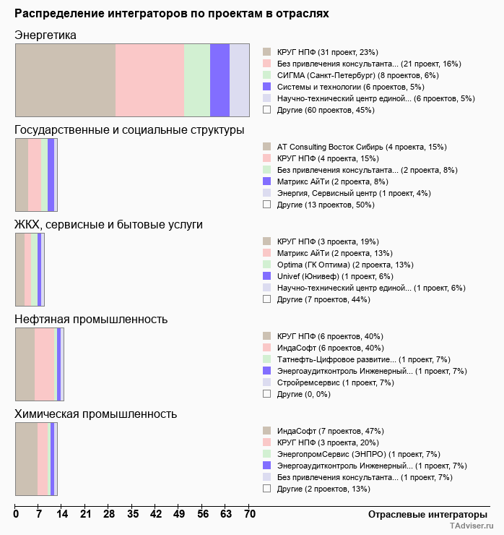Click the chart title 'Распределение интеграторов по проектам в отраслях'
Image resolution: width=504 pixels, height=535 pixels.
(172, 14)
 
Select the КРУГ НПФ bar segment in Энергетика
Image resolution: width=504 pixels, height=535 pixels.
(65, 80)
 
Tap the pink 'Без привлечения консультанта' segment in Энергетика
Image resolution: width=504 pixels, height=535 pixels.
(149, 80)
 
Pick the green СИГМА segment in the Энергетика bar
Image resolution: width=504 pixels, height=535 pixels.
(197, 80)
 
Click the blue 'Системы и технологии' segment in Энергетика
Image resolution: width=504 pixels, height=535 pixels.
(220, 80)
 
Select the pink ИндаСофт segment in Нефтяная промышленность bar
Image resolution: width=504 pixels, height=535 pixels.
(44, 364)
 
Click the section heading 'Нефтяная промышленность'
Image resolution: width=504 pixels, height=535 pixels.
(91, 320)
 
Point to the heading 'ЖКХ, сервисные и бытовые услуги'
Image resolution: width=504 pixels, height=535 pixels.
(108, 225)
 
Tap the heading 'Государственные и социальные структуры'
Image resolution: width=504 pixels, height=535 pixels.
(129, 130)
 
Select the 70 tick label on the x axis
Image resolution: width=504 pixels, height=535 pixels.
(249, 515)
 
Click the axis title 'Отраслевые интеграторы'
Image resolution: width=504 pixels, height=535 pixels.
(423, 514)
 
